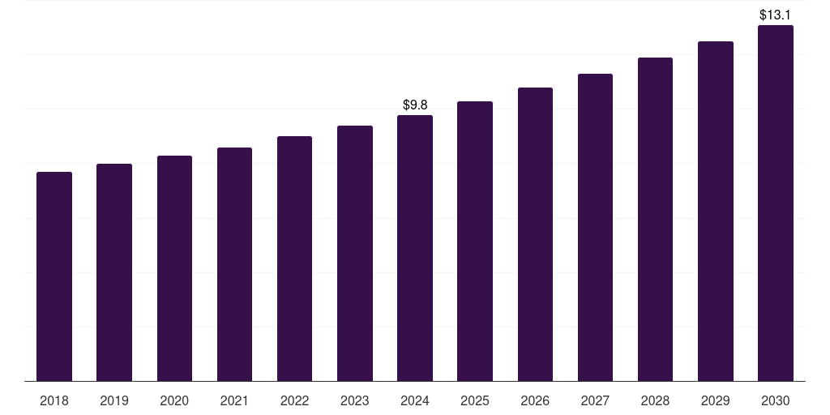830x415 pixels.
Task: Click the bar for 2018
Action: point(54,276)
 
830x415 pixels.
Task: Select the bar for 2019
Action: point(114,272)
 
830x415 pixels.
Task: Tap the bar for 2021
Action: point(234,264)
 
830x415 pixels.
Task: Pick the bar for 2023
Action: point(355,253)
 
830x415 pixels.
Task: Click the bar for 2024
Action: point(415,248)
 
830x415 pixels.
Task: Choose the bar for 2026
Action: point(535,234)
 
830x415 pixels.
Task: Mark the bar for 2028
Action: point(655,219)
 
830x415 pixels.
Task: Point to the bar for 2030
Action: point(776,203)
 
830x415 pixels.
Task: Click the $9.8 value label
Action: point(415,105)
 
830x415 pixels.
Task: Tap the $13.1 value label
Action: point(775,15)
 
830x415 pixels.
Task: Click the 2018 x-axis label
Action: point(54,400)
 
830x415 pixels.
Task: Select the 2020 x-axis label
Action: point(174,400)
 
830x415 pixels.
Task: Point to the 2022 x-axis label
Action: point(294,400)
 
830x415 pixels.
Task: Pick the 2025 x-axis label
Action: point(475,400)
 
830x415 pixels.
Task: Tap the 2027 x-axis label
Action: point(595,400)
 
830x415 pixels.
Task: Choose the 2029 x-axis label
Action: point(715,400)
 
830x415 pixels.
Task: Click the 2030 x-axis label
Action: point(776,400)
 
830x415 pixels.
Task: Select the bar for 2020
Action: point(174,268)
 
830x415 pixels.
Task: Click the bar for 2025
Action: point(475,241)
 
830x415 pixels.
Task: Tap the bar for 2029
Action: point(716,211)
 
